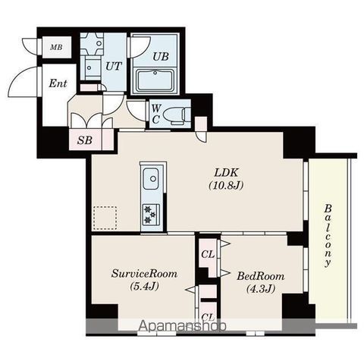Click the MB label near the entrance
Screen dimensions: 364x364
pyautogui.click(x=56, y=47)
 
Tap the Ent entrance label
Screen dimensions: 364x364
pyautogui.click(x=58, y=83)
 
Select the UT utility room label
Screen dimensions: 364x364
pyautogui.click(x=114, y=67)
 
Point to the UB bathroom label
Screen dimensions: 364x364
pyautogui.click(x=161, y=56)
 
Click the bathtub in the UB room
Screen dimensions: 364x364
pyautogui.click(x=155, y=81)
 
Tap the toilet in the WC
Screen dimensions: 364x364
pyautogui.click(x=176, y=115)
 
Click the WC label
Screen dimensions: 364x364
pyautogui.click(x=156, y=115)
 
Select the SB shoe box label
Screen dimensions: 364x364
pyautogui.click(x=85, y=140)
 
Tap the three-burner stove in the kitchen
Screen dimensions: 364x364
pyautogui.click(x=151, y=215)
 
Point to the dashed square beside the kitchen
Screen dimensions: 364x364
pyautogui.click(x=105, y=218)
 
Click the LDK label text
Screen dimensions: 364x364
pyautogui.click(x=226, y=173)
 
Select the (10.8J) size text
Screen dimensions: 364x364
pyautogui.click(x=226, y=186)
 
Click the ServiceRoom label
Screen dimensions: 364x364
pyautogui.click(x=144, y=274)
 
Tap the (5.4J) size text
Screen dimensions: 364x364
pyautogui.click(x=144, y=286)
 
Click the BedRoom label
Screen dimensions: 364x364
pyautogui.click(x=260, y=276)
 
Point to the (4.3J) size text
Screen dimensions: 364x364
pyautogui.click(x=261, y=289)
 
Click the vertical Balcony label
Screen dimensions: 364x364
pyautogui.click(x=328, y=236)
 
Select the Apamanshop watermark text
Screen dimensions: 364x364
pyautogui.click(x=182, y=326)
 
